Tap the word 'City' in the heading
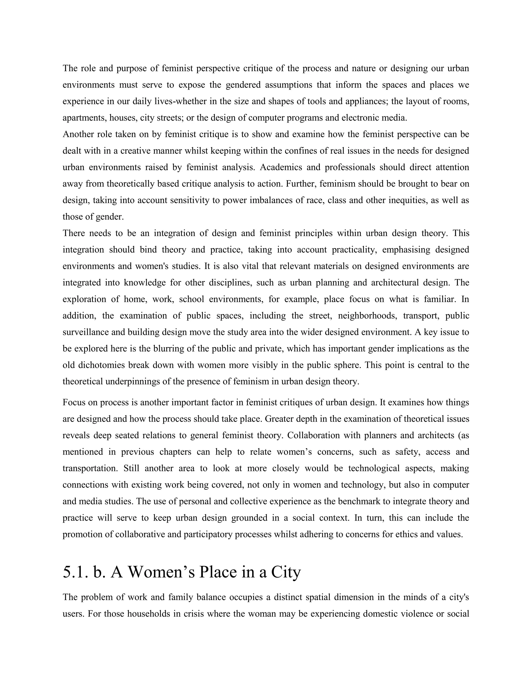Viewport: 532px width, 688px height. click(x=285, y=572)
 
